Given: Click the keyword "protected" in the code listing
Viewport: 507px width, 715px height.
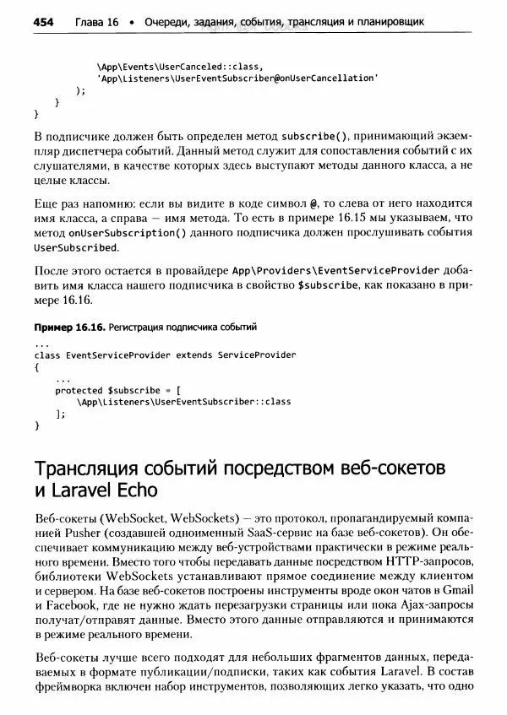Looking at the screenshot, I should click(x=79, y=390).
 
